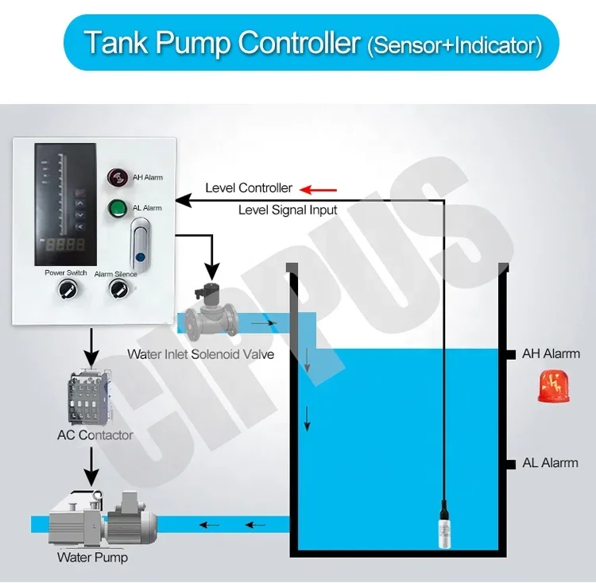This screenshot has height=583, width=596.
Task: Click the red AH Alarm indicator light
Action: tap(119, 177)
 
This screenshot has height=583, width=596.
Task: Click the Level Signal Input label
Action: tap(288, 210)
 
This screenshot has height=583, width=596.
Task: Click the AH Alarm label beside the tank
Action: tap(551, 353)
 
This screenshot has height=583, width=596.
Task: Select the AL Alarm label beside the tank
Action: tap(550, 462)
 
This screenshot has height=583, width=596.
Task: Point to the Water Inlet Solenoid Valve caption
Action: tap(200, 354)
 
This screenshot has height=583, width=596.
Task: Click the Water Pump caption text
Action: tap(92, 557)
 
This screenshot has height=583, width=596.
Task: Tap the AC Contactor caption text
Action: tap(95, 434)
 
